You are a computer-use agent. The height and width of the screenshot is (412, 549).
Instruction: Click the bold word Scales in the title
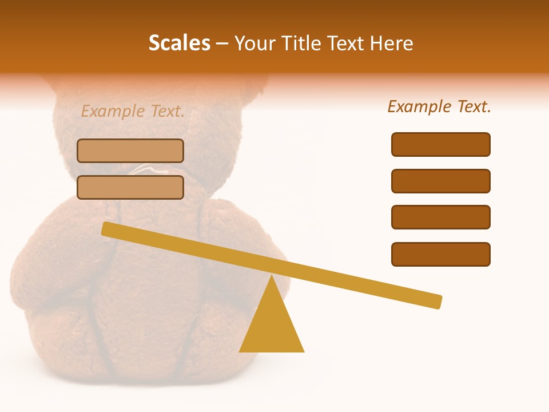180,43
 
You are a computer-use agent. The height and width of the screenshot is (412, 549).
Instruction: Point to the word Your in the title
252,43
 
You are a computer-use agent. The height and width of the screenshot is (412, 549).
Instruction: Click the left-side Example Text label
133,112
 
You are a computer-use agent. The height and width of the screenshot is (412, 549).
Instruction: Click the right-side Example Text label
439,106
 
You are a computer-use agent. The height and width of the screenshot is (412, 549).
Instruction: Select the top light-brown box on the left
130,151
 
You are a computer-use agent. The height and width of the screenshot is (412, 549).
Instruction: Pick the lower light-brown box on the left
130,188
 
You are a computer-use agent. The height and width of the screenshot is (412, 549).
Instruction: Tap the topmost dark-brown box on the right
441,144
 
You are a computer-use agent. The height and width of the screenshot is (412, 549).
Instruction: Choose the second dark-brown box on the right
441,181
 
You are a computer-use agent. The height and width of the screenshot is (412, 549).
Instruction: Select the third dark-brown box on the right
441,217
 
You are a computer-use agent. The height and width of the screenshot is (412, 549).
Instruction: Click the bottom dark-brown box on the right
441,254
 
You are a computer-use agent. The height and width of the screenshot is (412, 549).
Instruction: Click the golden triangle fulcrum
272,326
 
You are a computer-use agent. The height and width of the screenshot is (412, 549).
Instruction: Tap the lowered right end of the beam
437,302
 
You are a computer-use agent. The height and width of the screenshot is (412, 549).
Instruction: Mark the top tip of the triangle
272,277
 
